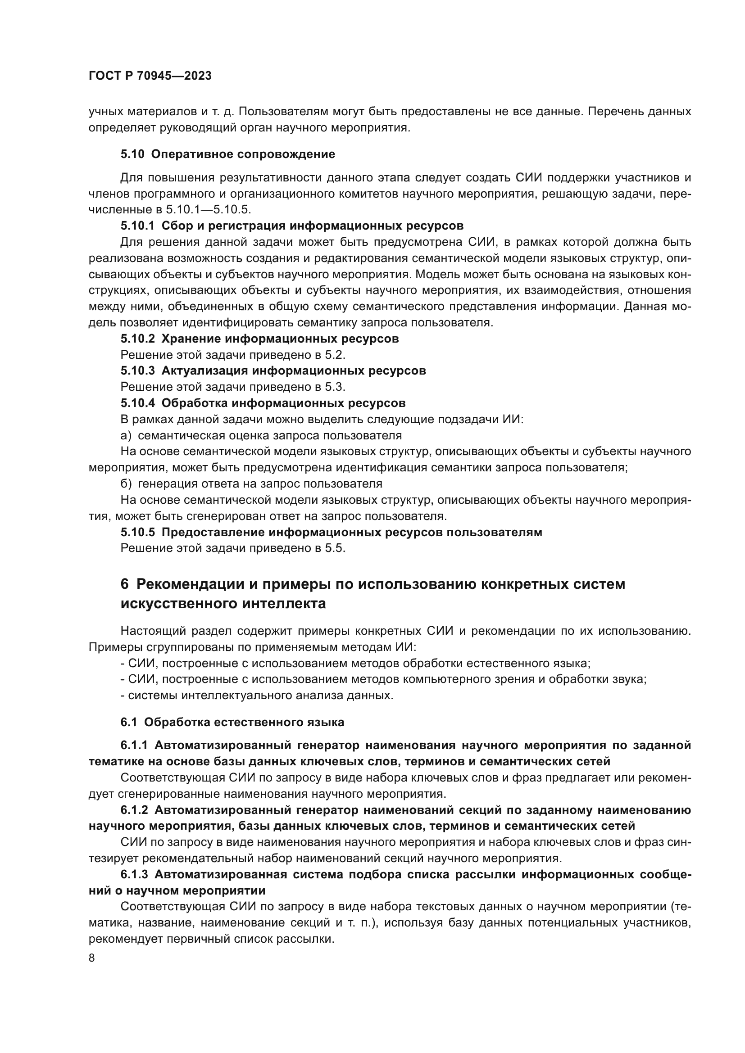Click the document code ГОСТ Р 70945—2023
pos(150,76)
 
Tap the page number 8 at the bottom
pos(92,958)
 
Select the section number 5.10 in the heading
pos(132,154)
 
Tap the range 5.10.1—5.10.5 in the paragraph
pos(208,210)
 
